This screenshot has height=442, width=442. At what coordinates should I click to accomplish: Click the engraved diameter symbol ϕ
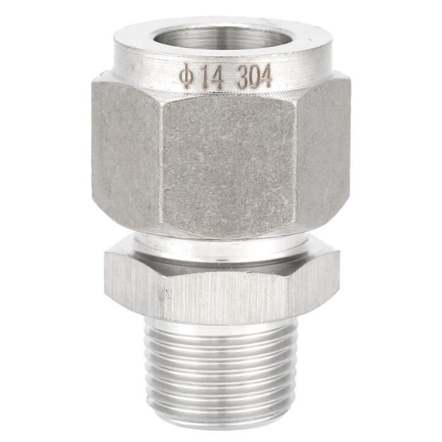pyautogui.click(x=184, y=79)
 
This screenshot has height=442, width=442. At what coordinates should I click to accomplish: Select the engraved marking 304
pyautogui.click(x=254, y=78)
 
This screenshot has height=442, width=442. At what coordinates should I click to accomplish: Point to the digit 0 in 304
pyautogui.click(x=254, y=78)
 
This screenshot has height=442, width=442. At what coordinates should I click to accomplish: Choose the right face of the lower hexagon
pyautogui.click(x=319, y=281)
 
